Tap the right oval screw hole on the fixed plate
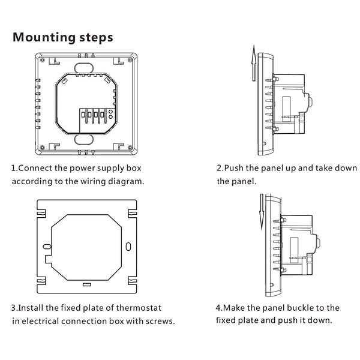pos(128,246)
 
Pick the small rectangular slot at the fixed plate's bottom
pos(87,284)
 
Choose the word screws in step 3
pos(162,322)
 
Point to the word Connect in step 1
pos(34,167)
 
